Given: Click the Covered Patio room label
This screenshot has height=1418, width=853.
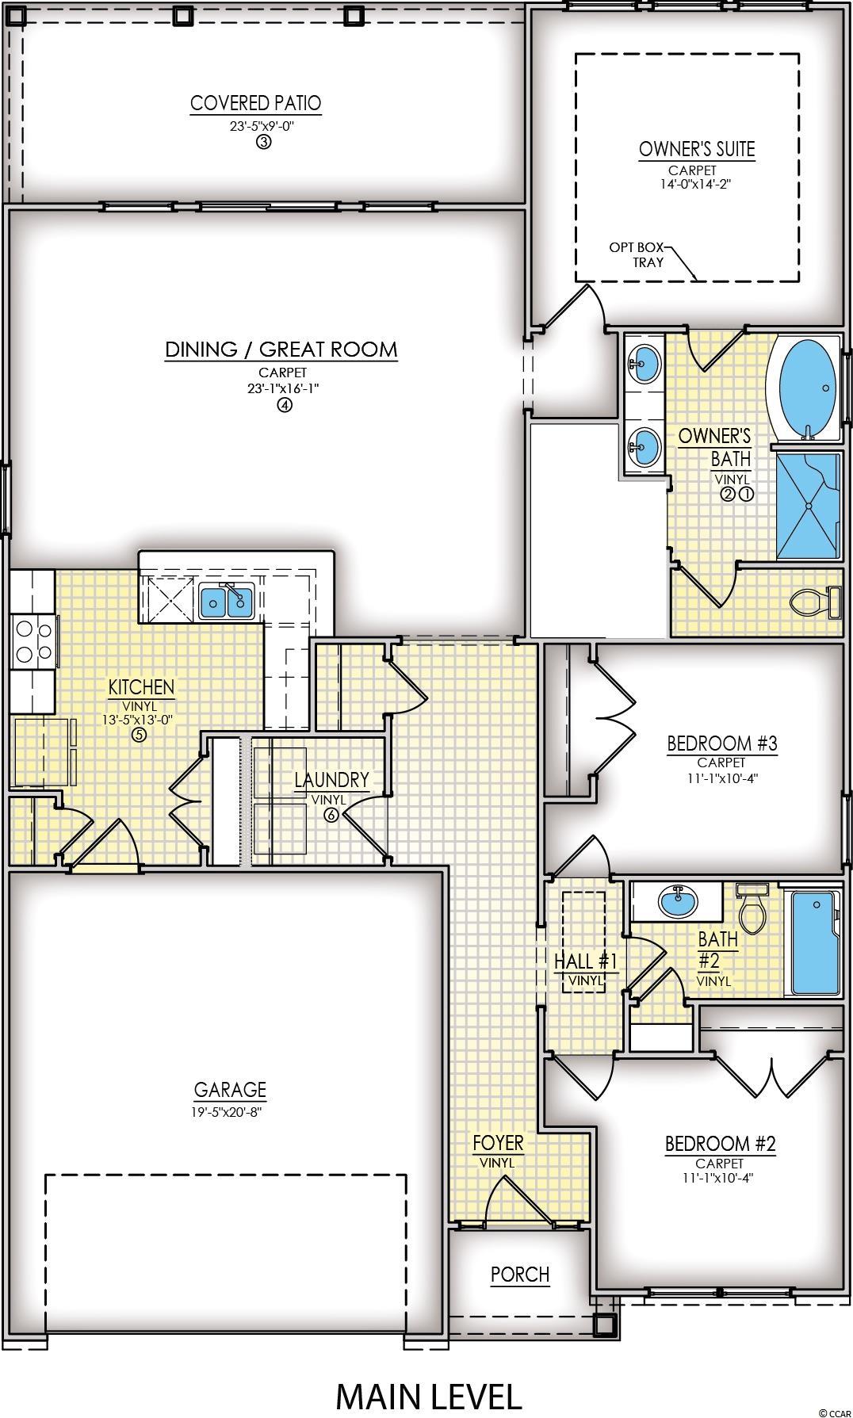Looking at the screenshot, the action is click(x=255, y=103).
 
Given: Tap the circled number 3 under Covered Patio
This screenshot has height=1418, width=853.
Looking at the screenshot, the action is click(x=263, y=142).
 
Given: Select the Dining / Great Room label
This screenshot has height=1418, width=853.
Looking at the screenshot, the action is click(x=281, y=350).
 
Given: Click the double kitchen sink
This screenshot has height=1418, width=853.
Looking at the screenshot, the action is click(x=227, y=602).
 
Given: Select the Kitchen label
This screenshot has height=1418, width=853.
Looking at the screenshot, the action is click(x=141, y=687).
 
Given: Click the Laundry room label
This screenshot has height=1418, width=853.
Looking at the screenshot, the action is click(x=331, y=780).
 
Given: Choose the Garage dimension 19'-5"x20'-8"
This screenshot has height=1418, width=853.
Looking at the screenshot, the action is click(x=227, y=1111).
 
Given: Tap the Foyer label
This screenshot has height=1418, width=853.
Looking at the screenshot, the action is click(x=498, y=1143).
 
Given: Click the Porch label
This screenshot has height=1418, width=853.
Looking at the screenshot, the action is click(x=520, y=1275).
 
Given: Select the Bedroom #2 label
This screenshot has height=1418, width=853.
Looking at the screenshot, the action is click(x=720, y=1144).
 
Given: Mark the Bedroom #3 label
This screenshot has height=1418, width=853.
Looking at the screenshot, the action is click(x=722, y=743).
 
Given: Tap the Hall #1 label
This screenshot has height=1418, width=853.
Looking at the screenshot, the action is click(x=585, y=961).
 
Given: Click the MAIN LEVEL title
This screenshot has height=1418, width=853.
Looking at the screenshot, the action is click(x=429, y=1397).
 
